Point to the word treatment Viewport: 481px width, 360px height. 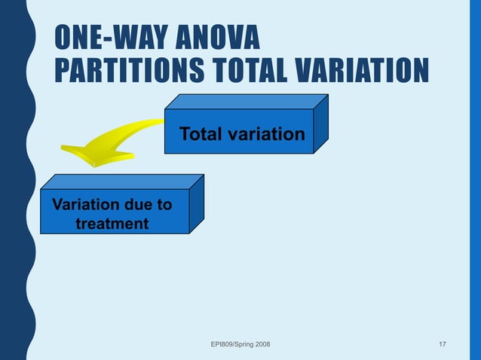(112, 224)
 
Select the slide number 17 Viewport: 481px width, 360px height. (442, 344)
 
